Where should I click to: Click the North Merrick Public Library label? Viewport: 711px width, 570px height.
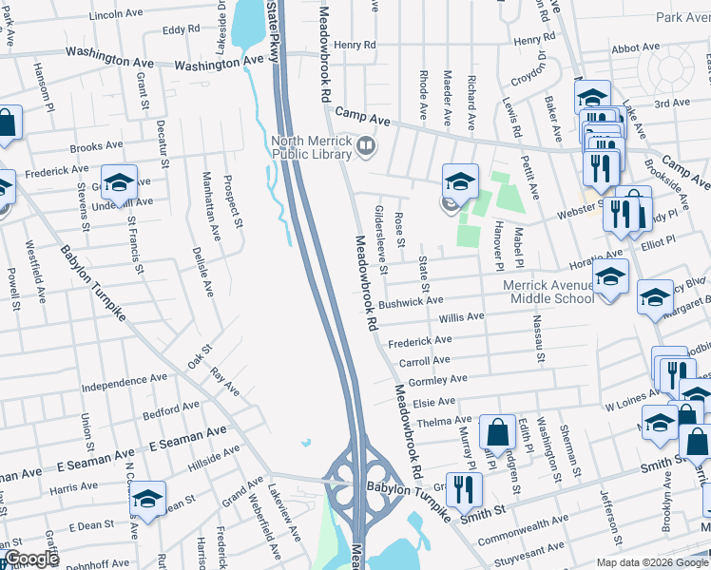(x=312, y=150)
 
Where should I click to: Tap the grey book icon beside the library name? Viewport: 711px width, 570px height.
(x=366, y=146)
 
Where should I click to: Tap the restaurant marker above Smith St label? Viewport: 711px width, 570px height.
(x=463, y=489)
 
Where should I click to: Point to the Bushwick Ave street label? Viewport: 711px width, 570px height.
(x=411, y=303)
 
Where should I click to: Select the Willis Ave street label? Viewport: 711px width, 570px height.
(x=461, y=317)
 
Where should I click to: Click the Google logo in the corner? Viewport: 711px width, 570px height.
(x=31, y=559)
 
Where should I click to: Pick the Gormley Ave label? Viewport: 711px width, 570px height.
(x=438, y=380)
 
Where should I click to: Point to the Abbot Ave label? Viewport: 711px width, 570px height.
(x=636, y=47)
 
